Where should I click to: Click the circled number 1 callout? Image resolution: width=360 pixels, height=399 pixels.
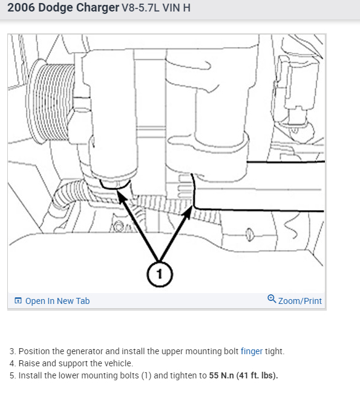[x=159, y=274]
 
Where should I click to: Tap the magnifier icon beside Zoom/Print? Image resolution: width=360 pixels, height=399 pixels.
[x=272, y=299]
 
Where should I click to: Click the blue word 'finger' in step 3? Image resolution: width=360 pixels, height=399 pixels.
[x=252, y=351]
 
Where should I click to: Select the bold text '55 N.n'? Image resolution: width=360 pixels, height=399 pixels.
[x=221, y=375]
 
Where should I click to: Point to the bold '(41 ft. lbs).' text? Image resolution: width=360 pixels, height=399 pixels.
[x=257, y=375]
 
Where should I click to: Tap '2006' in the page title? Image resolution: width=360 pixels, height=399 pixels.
[x=21, y=7]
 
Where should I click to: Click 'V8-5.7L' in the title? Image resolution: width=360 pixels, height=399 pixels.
[x=140, y=8]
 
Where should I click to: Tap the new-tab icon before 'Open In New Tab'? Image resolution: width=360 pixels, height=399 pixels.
[x=18, y=300]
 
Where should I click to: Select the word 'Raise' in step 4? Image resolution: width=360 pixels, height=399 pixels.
[x=29, y=363]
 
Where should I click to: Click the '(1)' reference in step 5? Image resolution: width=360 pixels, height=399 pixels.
[x=146, y=375]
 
